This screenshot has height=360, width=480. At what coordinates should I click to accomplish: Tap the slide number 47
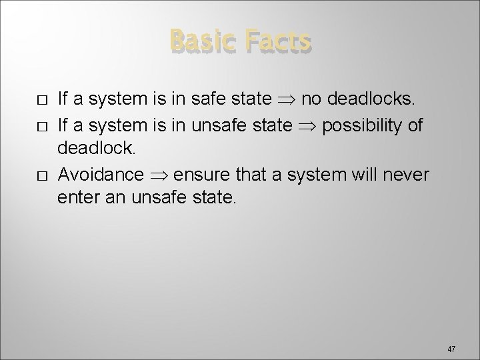click(x=451, y=349)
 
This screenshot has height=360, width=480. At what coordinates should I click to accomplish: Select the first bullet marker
click(x=41, y=101)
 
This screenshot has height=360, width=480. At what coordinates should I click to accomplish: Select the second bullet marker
click(x=41, y=126)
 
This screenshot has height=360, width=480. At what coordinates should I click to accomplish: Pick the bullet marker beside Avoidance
click(x=41, y=175)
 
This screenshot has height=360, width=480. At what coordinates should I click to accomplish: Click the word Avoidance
click(x=101, y=175)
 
